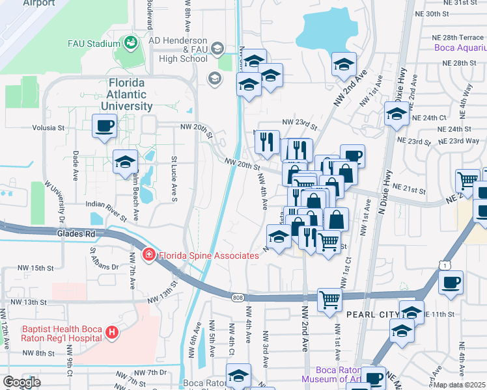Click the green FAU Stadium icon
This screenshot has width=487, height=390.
130,44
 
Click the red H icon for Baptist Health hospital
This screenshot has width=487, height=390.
112,333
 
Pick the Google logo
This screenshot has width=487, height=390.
21,382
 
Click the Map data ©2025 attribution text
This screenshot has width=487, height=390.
460,385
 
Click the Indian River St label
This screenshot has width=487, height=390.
105,205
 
